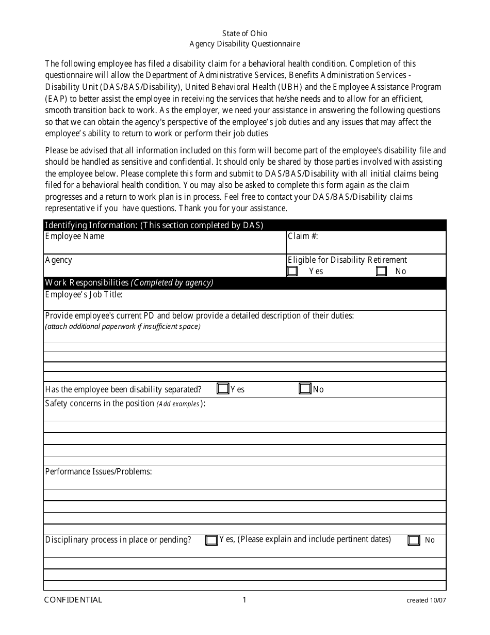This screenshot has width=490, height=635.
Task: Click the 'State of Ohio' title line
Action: (244, 34)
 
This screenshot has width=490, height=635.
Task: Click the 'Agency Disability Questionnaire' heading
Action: (244, 44)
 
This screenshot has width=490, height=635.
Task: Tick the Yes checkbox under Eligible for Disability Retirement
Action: (292, 271)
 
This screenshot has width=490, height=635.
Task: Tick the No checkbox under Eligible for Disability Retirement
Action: (381, 271)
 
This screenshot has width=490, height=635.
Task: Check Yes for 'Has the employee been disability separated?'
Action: (223, 389)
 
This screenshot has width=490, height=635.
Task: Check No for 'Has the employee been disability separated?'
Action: (305, 389)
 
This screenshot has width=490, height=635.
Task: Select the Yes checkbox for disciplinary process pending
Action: (211, 540)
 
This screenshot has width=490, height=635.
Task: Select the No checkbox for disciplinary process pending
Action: (414, 540)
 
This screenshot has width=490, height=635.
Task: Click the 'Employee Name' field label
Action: (75, 236)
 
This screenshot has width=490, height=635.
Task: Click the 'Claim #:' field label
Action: (303, 236)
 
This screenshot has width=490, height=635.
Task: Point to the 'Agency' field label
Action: (59, 260)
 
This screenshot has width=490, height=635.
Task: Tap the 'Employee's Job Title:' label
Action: (84, 295)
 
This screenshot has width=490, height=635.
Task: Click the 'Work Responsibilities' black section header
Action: (129, 282)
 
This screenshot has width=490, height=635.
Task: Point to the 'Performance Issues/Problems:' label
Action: (99, 471)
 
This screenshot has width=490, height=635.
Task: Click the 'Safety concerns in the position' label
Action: (100, 403)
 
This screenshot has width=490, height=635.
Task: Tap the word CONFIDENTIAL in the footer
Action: (73, 599)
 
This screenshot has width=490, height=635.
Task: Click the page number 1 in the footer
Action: (244, 599)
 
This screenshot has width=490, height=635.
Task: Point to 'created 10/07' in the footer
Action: (426, 600)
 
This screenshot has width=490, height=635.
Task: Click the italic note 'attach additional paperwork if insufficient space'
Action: (123, 326)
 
